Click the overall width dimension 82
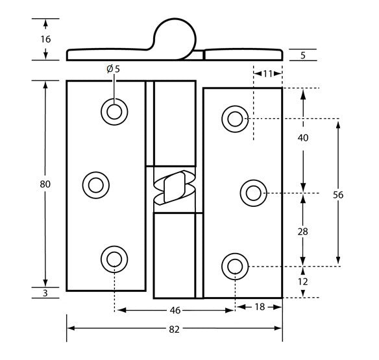click(x=175, y=330)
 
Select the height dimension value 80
click(x=45, y=184)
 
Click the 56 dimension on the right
click(x=337, y=194)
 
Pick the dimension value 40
click(x=302, y=138)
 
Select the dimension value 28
click(x=302, y=231)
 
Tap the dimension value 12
click(x=302, y=282)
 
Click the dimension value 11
click(x=267, y=73)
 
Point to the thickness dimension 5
click(x=303, y=55)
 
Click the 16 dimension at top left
click(x=45, y=40)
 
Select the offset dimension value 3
click(x=45, y=294)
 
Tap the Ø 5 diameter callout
click(x=113, y=69)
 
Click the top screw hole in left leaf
click(x=114, y=112)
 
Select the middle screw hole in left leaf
click(x=95, y=185)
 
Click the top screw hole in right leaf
click(x=234, y=119)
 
